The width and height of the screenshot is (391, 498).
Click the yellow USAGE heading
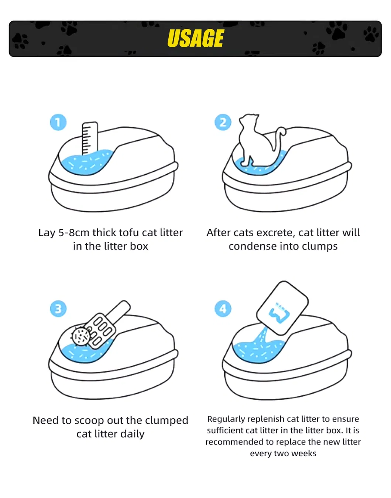click(x=195, y=38)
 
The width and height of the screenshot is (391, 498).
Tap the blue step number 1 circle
click(x=58, y=122)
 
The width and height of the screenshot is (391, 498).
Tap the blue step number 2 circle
click(x=223, y=122)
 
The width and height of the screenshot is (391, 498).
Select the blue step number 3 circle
click(x=58, y=309)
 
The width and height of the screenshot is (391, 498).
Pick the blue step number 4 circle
click(x=223, y=309)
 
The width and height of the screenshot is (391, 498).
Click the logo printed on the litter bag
click(x=280, y=313)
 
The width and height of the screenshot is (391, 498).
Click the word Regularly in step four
click(x=226, y=419)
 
